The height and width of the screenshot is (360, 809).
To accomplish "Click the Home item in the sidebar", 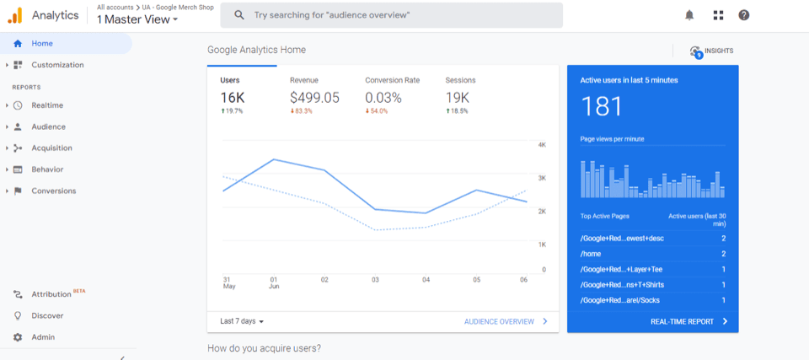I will pyautogui.click(x=42, y=43).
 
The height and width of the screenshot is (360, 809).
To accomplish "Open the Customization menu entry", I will pyautogui.click(x=57, y=65).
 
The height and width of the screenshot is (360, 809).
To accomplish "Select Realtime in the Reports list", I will pyautogui.click(x=47, y=105).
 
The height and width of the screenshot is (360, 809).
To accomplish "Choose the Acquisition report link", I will pyautogui.click(x=51, y=148).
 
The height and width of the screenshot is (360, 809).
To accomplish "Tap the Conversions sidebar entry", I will pyautogui.click(x=53, y=191).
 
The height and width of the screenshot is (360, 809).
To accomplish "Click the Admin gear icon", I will pyautogui.click(x=18, y=337).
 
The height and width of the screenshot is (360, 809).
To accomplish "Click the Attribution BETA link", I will pyautogui.click(x=52, y=294).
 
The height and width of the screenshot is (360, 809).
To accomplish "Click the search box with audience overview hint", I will pyautogui.click(x=392, y=15).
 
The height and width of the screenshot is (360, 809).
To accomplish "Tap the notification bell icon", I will pyautogui.click(x=689, y=15).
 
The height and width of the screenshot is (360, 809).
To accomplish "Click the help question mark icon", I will pyautogui.click(x=743, y=15).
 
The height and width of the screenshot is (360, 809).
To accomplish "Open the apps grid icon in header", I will pyautogui.click(x=717, y=15).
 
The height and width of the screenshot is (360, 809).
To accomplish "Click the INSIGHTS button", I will pyautogui.click(x=711, y=51).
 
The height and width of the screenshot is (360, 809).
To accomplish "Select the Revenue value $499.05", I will pyautogui.click(x=314, y=98).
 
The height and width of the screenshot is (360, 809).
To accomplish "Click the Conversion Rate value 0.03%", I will pyautogui.click(x=383, y=98).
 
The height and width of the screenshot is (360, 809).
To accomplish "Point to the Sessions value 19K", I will pyautogui.click(x=458, y=98).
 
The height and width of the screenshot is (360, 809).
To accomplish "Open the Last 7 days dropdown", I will pyautogui.click(x=242, y=321).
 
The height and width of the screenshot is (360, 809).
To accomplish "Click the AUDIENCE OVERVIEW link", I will pyautogui.click(x=499, y=321).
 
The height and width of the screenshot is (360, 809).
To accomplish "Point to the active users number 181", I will pyautogui.click(x=602, y=106).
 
